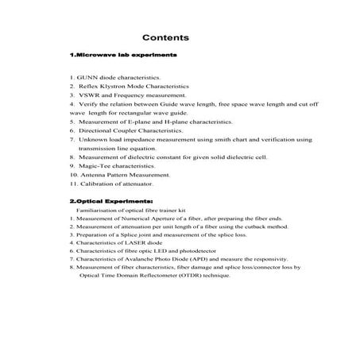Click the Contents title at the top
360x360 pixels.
pyautogui.click(x=165, y=37)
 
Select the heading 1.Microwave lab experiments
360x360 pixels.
pyautogui.click(x=122, y=55)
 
